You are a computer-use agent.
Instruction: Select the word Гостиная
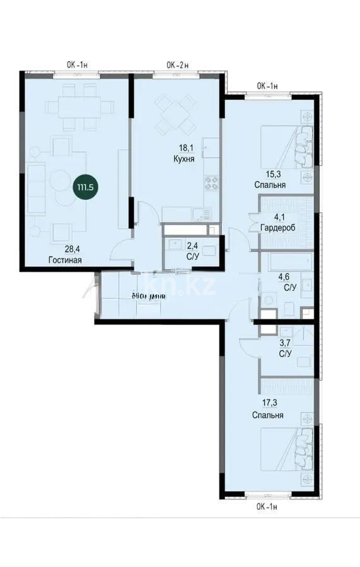(x=65, y=260)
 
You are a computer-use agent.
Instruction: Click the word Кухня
(x=183, y=160)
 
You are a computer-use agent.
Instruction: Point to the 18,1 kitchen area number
(x=183, y=150)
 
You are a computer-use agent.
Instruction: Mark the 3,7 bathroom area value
(x=284, y=343)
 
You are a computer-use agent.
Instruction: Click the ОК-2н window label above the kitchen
(x=178, y=64)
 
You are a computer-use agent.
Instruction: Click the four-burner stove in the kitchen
(x=211, y=184)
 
